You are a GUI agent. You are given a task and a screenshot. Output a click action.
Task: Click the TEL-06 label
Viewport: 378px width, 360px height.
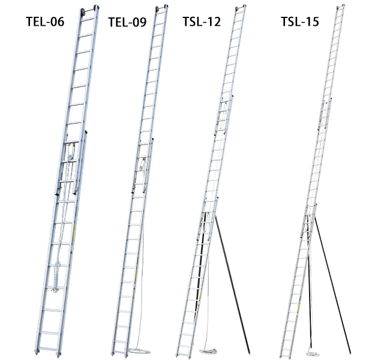tap(45, 22)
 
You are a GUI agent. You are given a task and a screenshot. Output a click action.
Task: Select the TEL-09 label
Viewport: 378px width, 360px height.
tap(127, 22)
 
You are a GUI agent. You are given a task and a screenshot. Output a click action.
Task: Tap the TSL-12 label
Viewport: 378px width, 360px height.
tap(202, 22)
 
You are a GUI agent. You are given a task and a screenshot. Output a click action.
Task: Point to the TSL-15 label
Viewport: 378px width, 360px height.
tap(300, 22)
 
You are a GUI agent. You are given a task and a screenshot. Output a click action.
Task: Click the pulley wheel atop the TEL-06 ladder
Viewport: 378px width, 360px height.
tap(83, 11)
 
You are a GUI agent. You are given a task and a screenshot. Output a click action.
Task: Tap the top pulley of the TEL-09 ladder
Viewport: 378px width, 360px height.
tap(157, 9)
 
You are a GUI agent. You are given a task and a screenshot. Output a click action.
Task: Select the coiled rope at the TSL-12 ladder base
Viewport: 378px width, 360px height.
tap(208, 351)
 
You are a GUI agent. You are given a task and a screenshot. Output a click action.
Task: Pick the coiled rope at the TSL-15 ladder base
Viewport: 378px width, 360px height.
tap(313, 354)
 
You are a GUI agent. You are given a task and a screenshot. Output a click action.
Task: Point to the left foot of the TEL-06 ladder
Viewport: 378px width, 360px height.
tap(37, 352)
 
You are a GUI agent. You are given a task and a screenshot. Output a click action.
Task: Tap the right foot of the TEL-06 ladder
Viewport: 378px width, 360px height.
tap(58, 354)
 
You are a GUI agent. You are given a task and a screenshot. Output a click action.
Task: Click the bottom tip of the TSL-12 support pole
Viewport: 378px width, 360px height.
tap(249, 353)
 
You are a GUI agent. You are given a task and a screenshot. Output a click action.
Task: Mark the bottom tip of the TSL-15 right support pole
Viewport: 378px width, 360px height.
tap(350, 353)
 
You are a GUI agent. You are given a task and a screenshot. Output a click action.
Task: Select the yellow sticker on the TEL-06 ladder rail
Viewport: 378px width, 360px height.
tap(74, 232)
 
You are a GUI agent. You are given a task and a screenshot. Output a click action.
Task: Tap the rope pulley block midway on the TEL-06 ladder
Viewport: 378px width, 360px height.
tap(70, 152)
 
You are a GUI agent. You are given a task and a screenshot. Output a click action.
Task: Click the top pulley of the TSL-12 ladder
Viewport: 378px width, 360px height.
tap(237, 8)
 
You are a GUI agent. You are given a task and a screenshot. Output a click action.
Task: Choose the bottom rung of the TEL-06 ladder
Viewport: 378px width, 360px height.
tap(48, 349)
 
